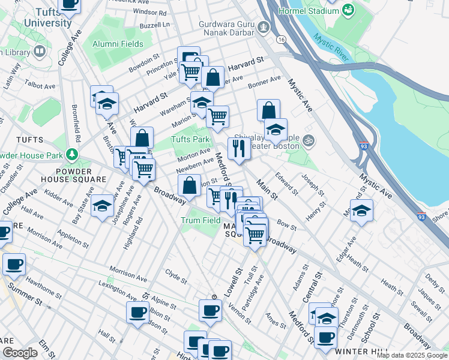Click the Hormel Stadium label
point(306,11)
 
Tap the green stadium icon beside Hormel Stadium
point(348,10)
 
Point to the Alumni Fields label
point(118,44)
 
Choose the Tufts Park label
point(190,140)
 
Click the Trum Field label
point(200,220)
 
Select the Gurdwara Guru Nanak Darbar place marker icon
point(263,27)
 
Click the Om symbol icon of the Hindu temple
point(309,140)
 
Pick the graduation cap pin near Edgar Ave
point(361,211)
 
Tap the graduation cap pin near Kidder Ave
point(103,206)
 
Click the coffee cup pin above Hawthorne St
point(14,263)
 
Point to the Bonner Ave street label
point(265,82)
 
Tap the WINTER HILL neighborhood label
point(358,350)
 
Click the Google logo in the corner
point(20,353)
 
